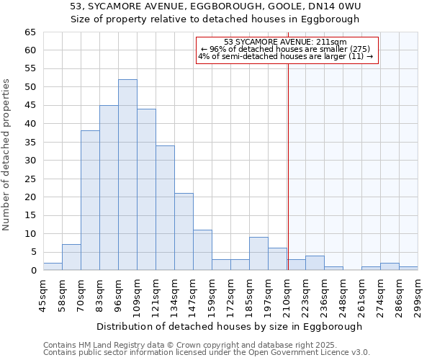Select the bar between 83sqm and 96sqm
click(109, 188)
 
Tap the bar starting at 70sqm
click(90, 201)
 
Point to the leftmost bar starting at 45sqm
click(53, 267)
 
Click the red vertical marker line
click(288, 166)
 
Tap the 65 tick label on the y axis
click(30, 32)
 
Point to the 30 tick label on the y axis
click(30, 161)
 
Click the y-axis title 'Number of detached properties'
click(7, 155)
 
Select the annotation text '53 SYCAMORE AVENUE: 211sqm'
click(285, 42)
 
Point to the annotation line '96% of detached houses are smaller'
click(285, 49)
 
